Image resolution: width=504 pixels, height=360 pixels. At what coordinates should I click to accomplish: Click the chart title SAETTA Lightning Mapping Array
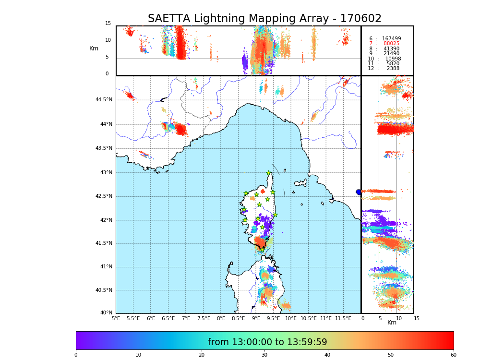pyautogui.click(x=264, y=19)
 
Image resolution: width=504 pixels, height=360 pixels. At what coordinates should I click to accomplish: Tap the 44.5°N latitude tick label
pyautogui.click(x=104, y=100)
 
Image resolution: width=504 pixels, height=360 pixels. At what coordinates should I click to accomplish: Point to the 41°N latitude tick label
pyautogui.click(x=106, y=267)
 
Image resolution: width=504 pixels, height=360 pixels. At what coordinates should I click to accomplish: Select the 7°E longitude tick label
pyautogui.click(x=185, y=318)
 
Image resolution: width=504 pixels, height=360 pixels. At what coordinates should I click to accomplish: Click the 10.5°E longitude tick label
pyautogui.click(x=309, y=318)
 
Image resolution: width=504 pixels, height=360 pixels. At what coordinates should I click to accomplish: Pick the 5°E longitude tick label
pyautogui.click(x=116, y=318)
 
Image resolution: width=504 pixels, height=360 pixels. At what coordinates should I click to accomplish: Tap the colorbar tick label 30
pyautogui.click(x=264, y=355)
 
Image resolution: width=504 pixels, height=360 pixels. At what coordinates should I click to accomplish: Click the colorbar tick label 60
pyautogui.click(x=453, y=355)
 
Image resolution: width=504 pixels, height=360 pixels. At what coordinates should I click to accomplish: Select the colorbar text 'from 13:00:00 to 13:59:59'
pyautogui.click(x=267, y=342)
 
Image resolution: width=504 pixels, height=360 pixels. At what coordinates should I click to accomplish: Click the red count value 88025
pyautogui.click(x=391, y=44)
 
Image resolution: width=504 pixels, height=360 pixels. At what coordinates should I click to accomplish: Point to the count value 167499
pyautogui.click(x=391, y=39)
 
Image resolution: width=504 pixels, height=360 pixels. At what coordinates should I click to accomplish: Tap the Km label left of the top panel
pyautogui.click(x=94, y=48)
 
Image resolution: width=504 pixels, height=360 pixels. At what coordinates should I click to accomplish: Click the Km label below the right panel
pyautogui.click(x=392, y=323)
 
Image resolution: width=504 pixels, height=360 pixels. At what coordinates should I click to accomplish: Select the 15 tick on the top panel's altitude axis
pyautogui.click(x=108, y=24)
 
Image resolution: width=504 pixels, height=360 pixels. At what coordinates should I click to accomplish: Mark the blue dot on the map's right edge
pyautogui.click(x=359, y=192)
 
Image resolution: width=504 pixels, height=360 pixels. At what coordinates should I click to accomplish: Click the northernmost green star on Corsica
pyautogui.click(x=269, y=173)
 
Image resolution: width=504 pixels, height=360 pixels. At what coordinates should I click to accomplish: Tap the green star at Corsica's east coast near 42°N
pyautogui.click(x=275, y=215)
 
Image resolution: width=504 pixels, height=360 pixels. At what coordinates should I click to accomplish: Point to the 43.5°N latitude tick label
pyautogui.click(x=104, y=148)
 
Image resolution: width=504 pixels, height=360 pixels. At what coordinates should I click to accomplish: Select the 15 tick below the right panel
pyautogui.click(x=417, y=318)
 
